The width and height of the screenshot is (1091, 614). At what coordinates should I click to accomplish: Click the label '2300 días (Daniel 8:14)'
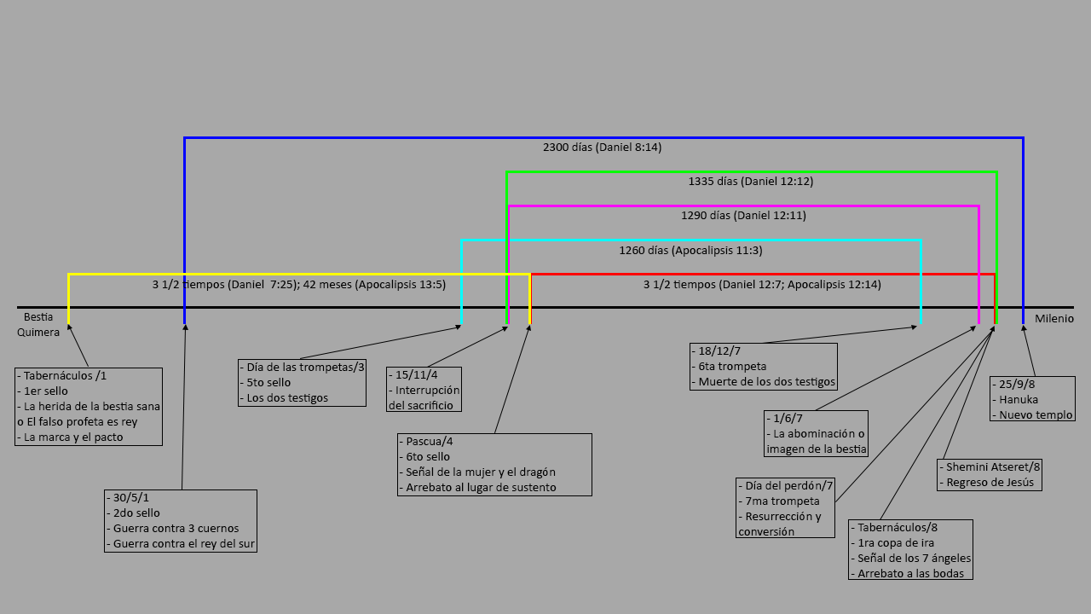[602, 148]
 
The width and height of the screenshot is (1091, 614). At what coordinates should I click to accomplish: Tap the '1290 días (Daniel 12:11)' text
[743, 216]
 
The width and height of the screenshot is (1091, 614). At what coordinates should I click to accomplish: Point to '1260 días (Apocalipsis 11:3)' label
[690, 251]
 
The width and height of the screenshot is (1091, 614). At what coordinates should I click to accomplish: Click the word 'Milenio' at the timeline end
[1054, 319]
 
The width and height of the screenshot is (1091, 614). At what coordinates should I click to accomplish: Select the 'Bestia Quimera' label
[38, 325]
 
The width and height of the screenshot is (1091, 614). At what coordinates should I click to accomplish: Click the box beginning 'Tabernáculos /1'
[89, 406]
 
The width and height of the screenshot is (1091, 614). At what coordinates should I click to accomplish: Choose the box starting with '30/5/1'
[180, 520]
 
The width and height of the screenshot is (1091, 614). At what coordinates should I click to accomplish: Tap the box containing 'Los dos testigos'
[302, 382]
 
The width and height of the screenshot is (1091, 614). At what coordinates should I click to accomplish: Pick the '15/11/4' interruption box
[424, 389]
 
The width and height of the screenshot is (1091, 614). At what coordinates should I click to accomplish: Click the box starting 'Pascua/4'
[494, 464]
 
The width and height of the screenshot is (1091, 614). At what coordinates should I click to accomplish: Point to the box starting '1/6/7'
[816, 433]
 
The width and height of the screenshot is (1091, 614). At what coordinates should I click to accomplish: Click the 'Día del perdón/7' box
[785, 507]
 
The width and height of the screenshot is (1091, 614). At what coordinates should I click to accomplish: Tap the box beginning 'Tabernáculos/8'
[911, 550]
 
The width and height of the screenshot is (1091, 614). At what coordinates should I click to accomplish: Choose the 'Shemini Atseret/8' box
[990, 474]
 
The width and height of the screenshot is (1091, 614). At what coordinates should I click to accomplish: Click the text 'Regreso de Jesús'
[990, 482]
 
